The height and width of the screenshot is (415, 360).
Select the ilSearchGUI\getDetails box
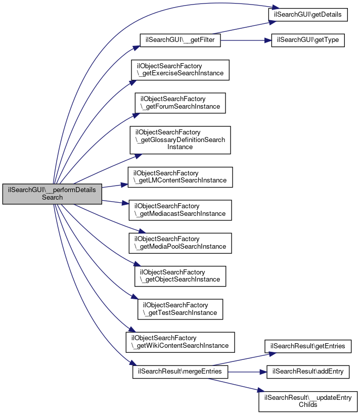click(x=307, y=15)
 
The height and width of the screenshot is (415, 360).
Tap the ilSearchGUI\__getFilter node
click(x=180, y=40)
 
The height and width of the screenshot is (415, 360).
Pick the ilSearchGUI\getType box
click(x=308, y=40)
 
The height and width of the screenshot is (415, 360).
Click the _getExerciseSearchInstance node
click(x=180, y=70)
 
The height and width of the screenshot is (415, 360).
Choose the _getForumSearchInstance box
click(x=180, y=103)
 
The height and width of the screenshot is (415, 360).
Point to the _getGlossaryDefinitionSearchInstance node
click(x=180, y=140)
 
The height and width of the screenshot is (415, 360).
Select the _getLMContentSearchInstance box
click(x=180, y=177)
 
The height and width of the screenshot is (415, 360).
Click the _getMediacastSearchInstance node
click(x=180, y=210)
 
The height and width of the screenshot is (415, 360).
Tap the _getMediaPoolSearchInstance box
click(x=180, y=243)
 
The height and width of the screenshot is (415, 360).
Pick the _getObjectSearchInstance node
click(x=180, y=275)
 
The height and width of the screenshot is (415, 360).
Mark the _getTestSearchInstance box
click(x=180, y=309)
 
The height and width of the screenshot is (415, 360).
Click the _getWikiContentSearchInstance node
click(x=180, y=342)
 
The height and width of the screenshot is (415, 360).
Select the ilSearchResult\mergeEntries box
click(x=180, y=372)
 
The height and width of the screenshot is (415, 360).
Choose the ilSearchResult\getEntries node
click(x=308, y=346)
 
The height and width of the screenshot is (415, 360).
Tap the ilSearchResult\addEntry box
click(x=308, y=372)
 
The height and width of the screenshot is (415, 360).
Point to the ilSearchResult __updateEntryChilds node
click(x=308, y=401)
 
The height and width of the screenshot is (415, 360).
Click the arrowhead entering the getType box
click(x=268, y=40)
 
